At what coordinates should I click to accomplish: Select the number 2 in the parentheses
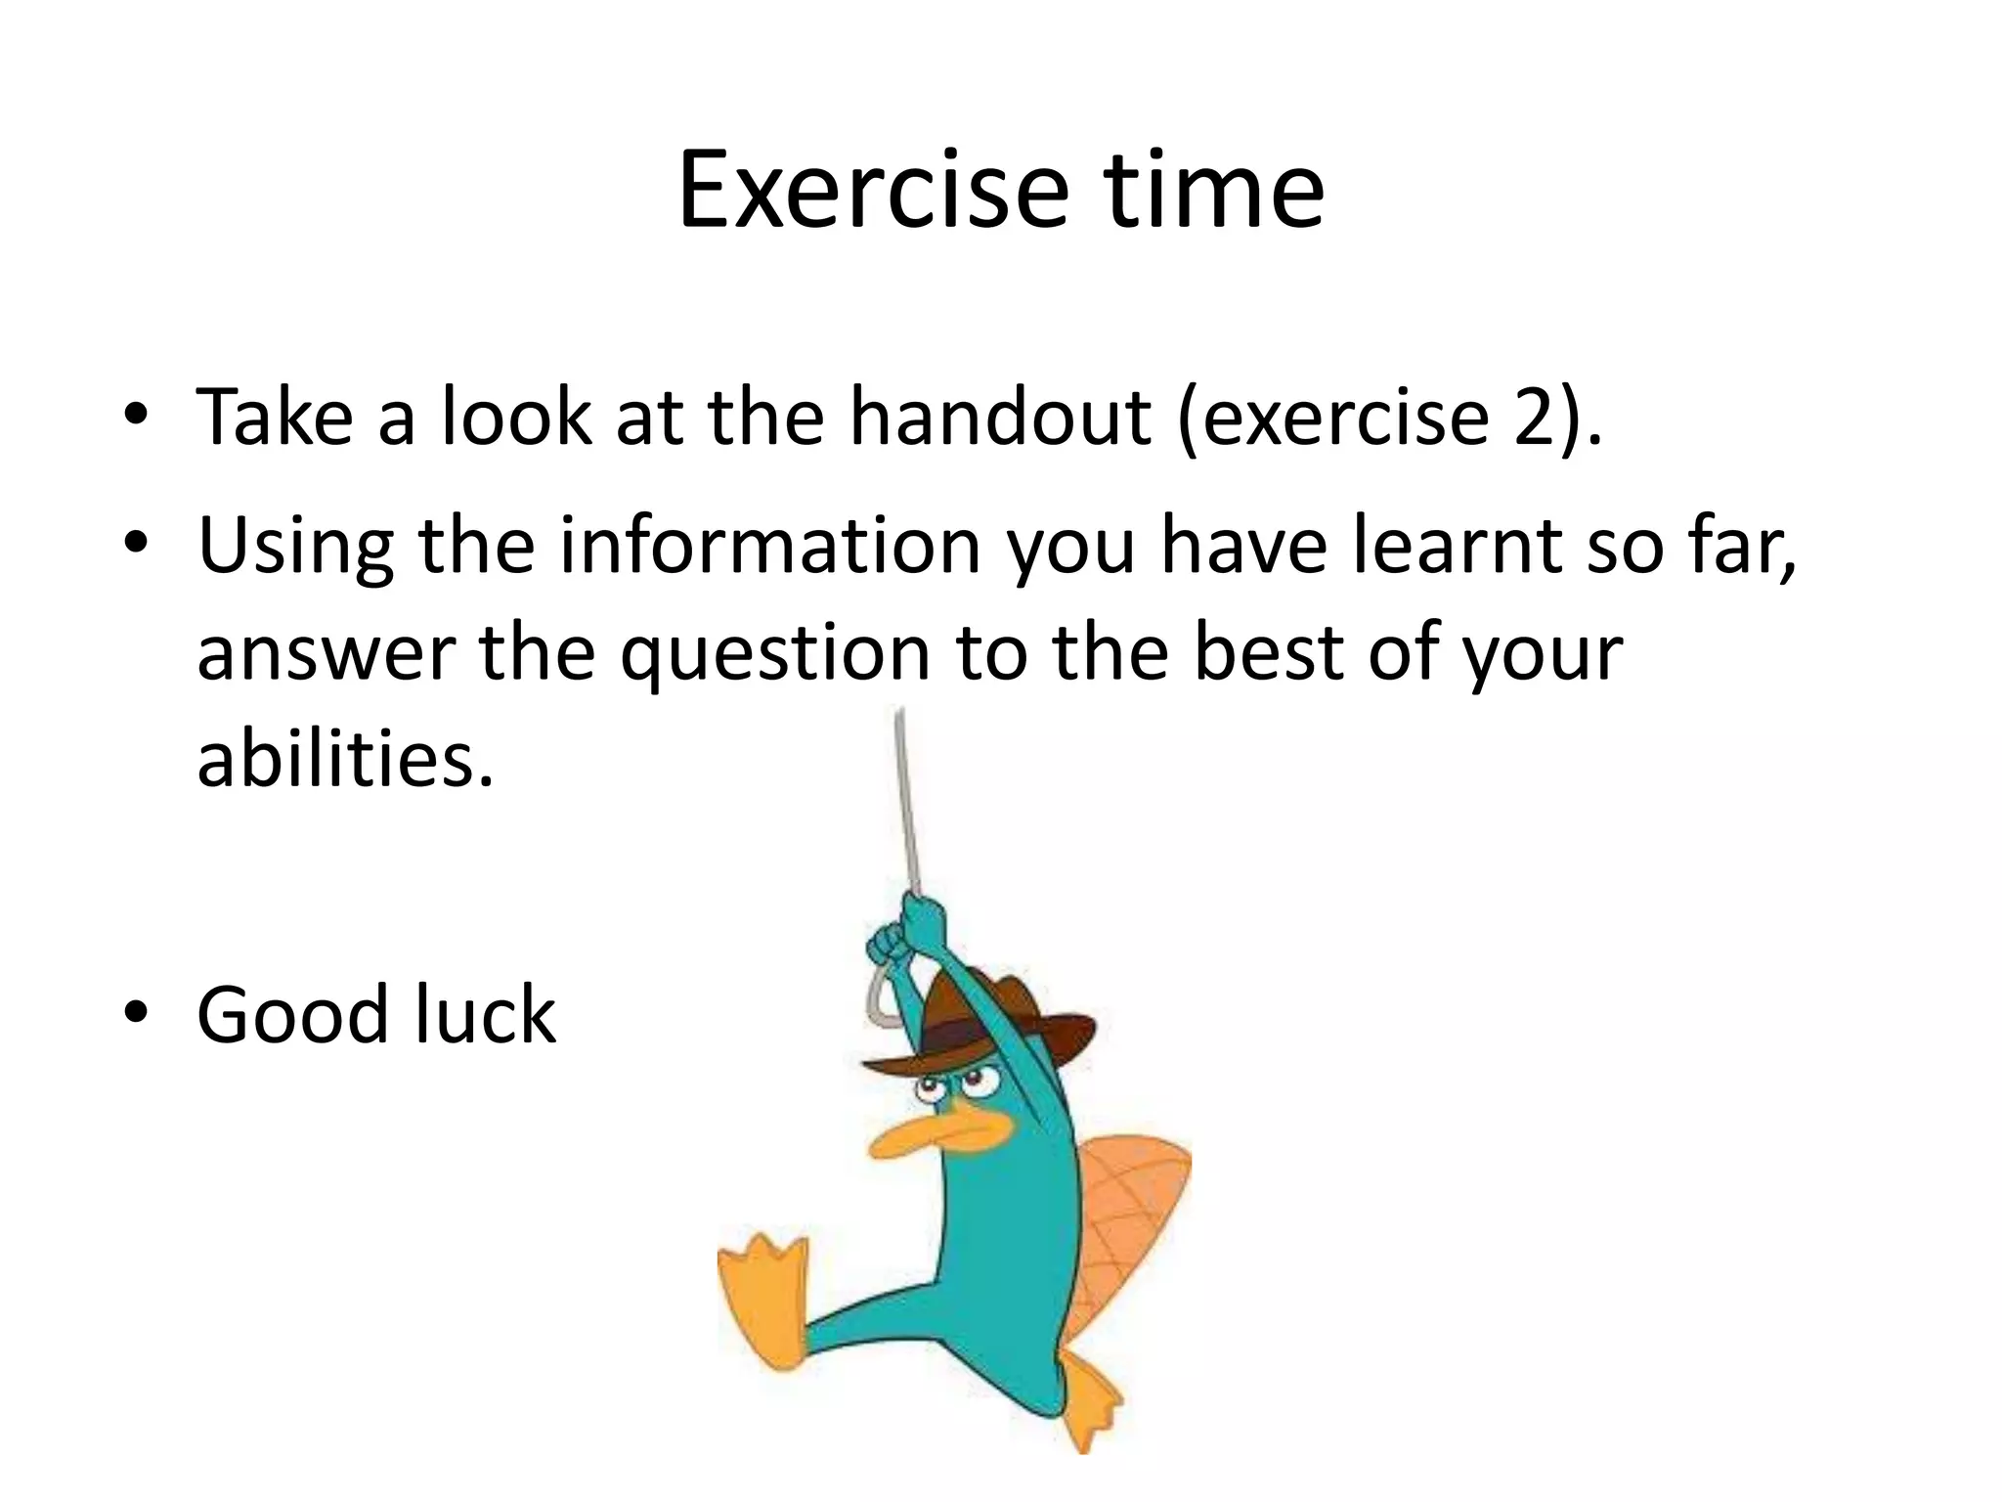(1535, 418)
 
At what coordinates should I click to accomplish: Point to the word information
(769, 545)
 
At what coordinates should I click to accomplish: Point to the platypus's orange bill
(938, 1134)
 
